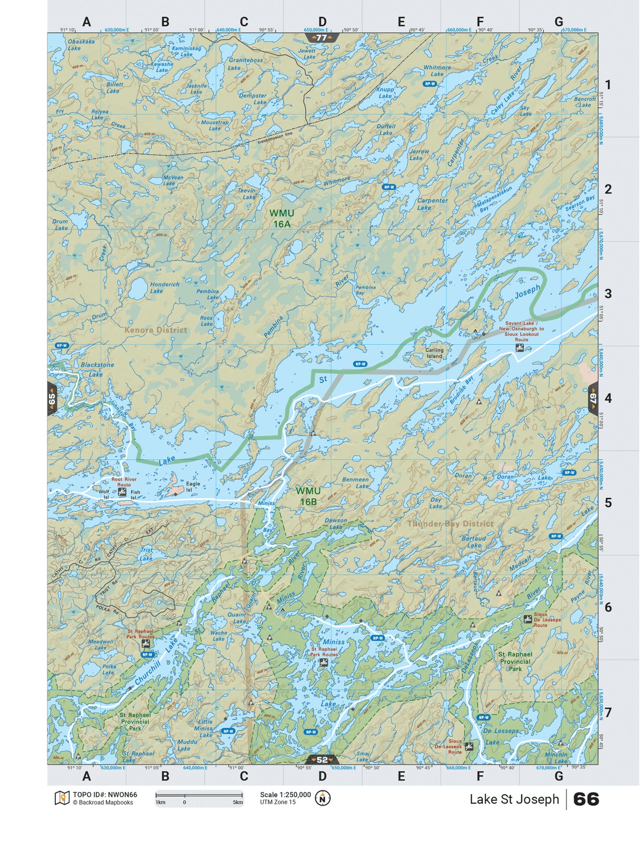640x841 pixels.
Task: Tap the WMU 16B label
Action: [x=308, y=496]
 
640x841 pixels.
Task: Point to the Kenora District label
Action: [x=156, y=330]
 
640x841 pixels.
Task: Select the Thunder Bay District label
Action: [x=450, y=524]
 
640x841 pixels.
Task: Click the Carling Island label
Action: [x=434, y=353]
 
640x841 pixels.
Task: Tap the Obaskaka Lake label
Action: [x=81, y=44]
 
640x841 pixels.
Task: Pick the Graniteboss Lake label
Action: [x=245, y=64]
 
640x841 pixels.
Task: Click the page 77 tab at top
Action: [x=322, y=38]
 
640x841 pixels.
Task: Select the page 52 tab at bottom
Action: [x=322, y=760]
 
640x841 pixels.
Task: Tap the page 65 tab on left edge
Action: [x=52, y=399]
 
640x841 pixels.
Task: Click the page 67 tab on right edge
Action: [x=593, y=399]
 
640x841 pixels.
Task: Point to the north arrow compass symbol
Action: [x=323, y=798]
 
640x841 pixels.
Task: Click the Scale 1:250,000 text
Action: [x=285, y=795]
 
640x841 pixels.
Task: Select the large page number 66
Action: [x=586, y=799]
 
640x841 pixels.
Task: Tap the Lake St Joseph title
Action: [x=514, y=799]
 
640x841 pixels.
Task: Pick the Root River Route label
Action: [x=124, y=482]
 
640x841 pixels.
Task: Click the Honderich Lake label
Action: [x=164, y=287]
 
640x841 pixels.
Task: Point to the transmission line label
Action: [x=275, y=138]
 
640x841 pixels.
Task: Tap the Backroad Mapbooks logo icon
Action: [x=62, y=798]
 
